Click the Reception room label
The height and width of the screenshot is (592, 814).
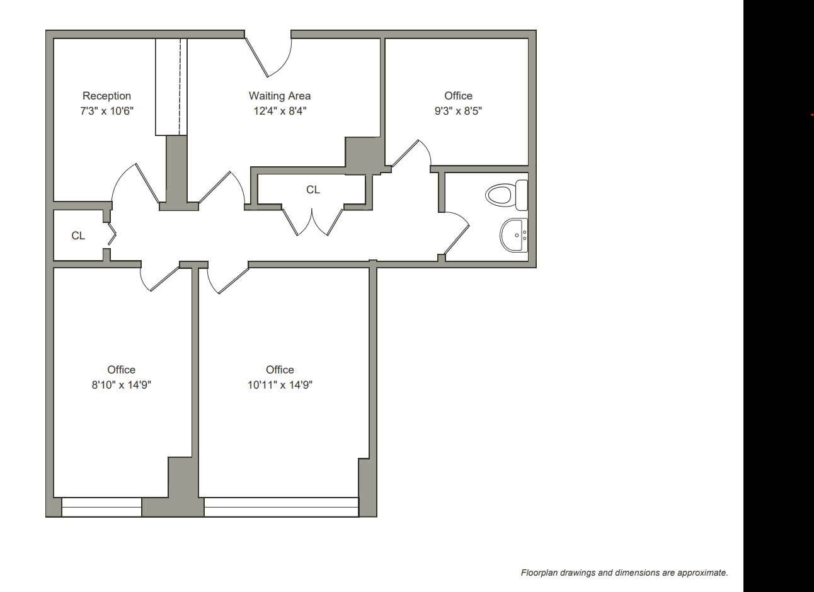(106, 96)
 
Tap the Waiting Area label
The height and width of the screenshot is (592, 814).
(280, 96)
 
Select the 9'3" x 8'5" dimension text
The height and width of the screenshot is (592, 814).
(458, 111)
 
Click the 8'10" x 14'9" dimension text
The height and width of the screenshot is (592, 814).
(122, 385)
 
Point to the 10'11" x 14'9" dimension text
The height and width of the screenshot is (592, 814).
(280, 385)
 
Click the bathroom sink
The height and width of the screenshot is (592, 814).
(514, 235)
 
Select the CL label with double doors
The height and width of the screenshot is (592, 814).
(313, 190)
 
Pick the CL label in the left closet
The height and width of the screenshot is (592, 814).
(78, 236)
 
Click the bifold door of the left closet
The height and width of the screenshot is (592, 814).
(112, 234)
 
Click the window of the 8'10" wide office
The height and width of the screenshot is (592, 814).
(101, 507)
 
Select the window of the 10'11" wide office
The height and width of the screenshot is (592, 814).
(281, 507)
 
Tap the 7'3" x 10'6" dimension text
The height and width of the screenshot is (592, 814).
(106, 111)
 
